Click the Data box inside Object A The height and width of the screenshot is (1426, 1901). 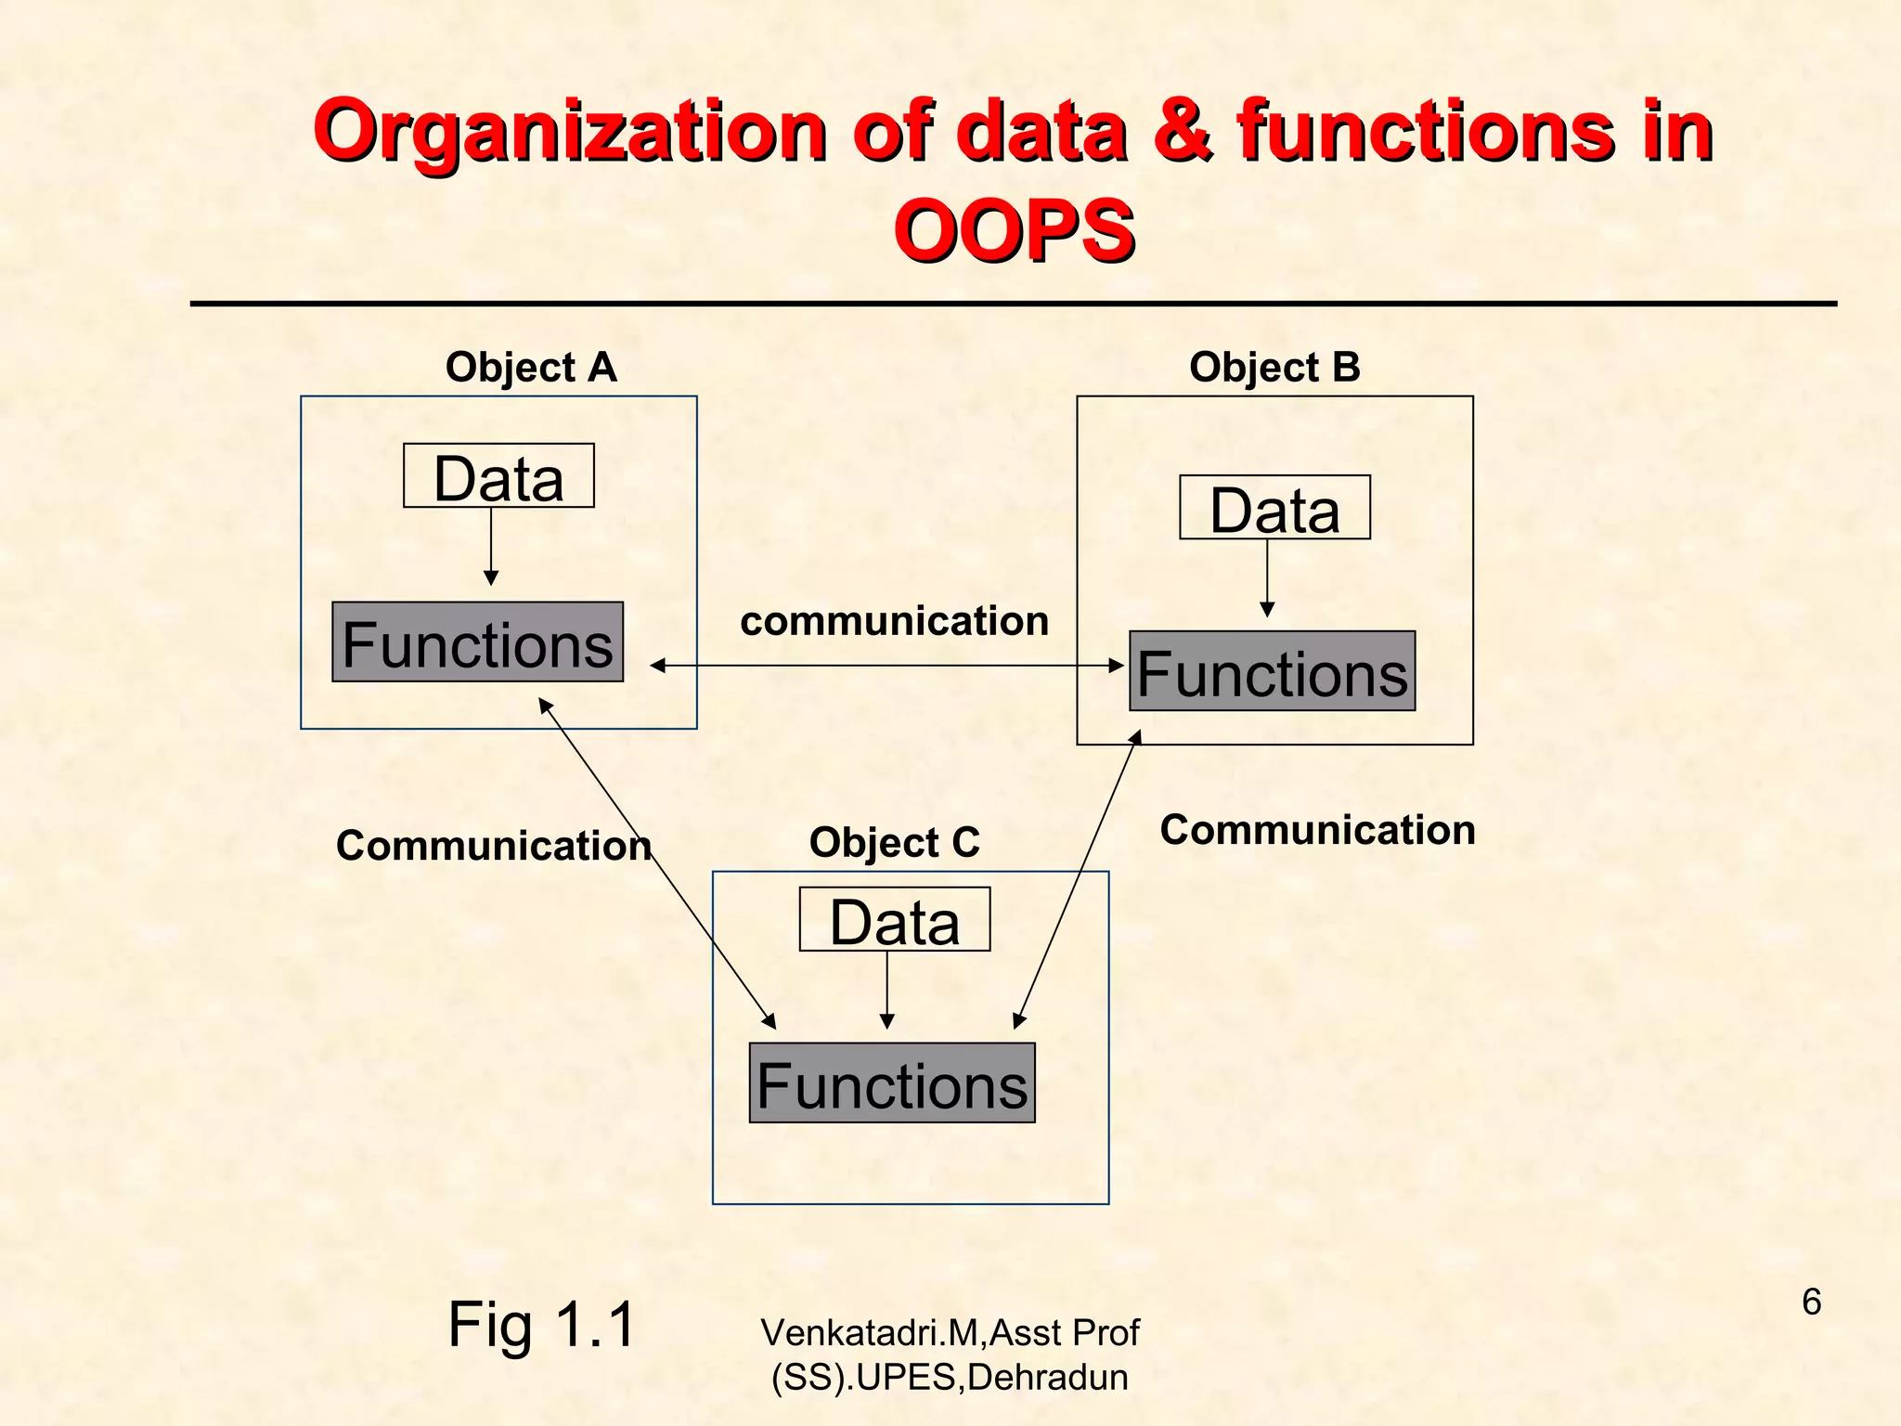click(x=498, y=476)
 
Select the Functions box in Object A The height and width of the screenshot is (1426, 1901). click(x=477, y=642)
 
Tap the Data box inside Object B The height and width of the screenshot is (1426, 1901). click(x=1274, y=508)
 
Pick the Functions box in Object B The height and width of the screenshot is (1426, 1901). click(x=1272, y=671)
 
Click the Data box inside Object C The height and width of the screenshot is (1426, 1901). click(x=895, y=920)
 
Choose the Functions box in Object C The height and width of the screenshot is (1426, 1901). click(x=892, y=1083)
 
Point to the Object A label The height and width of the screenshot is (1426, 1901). click(x=531, y=368)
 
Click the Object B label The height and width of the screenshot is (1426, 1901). click(x=1274, y=368)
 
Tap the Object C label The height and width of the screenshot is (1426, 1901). click(x=894, y=843)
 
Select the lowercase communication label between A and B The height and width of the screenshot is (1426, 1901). click(x=894, y=621)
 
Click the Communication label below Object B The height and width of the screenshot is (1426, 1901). click(x=1317, y=830)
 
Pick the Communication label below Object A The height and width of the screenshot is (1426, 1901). click(x=493, y=846)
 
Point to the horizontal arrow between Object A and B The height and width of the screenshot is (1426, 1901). click(x=886, y=666)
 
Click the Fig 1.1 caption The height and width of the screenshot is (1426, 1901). click(x=541, y=1325)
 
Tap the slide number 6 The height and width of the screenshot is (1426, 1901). click(x=1811, y=1303)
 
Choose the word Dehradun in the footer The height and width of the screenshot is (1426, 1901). click(x=1047, y=1378)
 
